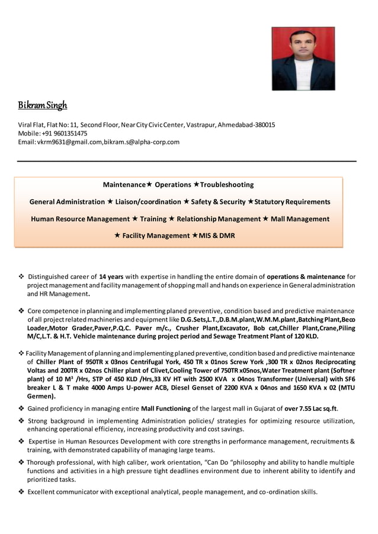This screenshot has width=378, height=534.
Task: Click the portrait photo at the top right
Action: click(303, 59)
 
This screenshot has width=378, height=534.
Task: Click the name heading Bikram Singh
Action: click(43, 106)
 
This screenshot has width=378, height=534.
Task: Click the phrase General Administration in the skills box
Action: click(67, 202)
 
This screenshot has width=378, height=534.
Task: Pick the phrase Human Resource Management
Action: click(80, 218)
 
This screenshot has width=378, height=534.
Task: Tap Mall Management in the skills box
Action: click(300, 218)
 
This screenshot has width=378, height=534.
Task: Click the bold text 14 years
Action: click(111, 276)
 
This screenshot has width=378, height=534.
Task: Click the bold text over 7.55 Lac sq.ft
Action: click(310, 408)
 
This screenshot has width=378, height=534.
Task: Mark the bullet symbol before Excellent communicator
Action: click(21, 491)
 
